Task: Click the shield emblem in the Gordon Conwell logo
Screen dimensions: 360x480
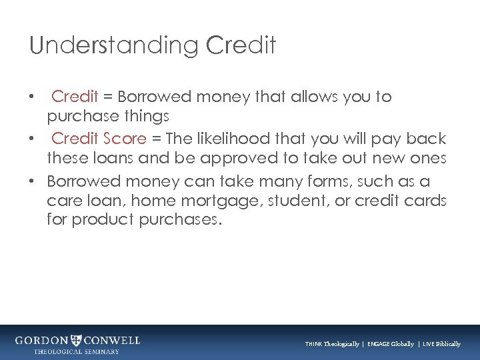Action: pos(77,341)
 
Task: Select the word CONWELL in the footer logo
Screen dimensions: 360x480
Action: pos(112,341)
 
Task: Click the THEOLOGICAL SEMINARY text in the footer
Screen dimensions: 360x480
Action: pos(77,351)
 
